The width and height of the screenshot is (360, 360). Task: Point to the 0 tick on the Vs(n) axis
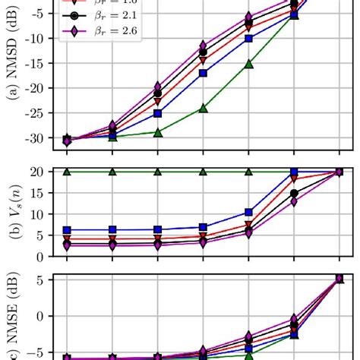tap(45, 251)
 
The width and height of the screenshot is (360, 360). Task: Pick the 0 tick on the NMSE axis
tap(45, 315)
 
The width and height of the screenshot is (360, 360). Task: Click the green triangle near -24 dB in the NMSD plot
tap(203, 109)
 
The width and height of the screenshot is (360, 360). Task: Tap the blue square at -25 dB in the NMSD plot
tap(158, 113)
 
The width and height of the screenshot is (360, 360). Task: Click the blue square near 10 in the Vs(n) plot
tap(248, 213)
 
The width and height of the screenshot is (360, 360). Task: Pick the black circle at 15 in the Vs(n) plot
tap(294, 193)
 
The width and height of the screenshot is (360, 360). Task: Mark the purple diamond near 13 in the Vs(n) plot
tap(294, 201)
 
